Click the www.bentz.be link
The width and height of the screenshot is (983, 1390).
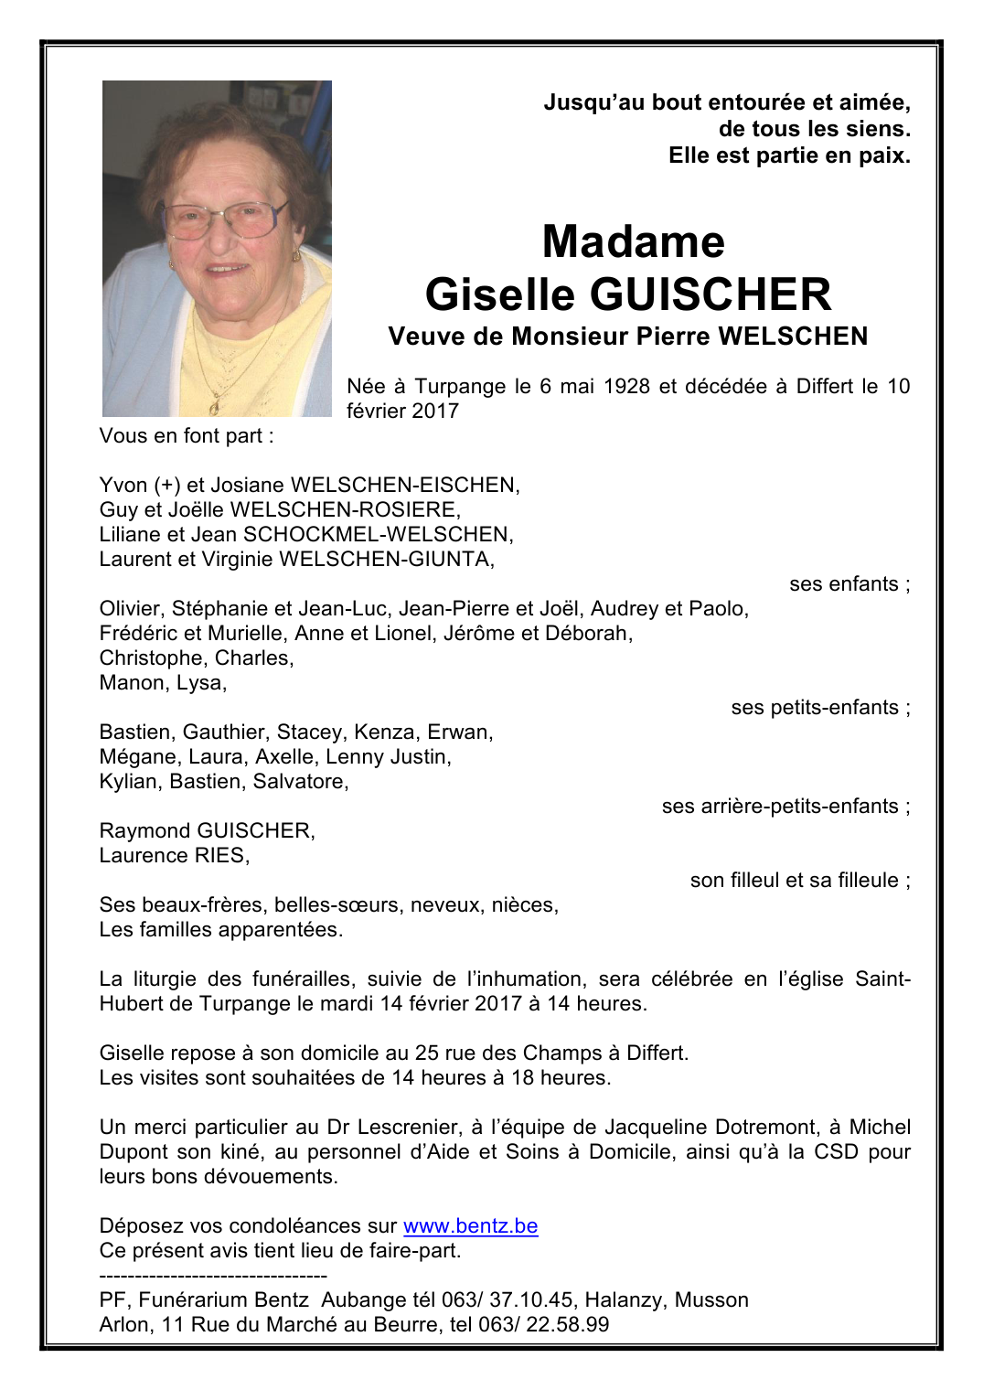470,1226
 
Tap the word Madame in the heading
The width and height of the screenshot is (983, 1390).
633,242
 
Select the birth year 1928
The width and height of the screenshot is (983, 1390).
627,387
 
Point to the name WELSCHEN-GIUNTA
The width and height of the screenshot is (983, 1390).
385,560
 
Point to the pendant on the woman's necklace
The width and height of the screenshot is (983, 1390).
214,403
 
